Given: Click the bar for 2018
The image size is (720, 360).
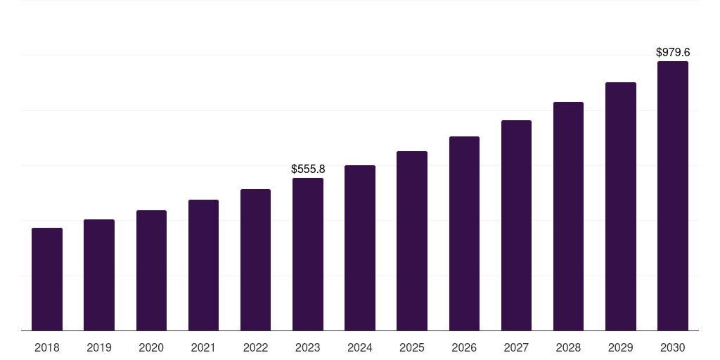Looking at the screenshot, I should (x=47, y=279).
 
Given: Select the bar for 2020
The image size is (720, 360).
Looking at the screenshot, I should (x=151, y=271).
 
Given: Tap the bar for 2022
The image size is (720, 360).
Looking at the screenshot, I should (x=255, y=260).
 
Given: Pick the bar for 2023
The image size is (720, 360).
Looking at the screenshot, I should (x=308, y=255).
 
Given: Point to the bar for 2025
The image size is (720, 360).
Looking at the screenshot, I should (x=412, y=241).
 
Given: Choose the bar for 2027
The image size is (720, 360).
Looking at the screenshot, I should (x=516, y=226).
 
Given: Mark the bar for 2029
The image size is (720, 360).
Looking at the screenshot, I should (x=620, y=207).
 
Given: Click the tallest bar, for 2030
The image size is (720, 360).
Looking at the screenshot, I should (x=673, y=196).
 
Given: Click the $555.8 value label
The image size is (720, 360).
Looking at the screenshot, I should (x=308, y=169).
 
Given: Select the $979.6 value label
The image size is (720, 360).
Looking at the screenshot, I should (x=673, y=53).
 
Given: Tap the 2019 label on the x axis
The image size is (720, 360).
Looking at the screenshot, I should (x=99, y=347).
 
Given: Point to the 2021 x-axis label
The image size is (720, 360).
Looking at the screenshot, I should (x=203, y=347).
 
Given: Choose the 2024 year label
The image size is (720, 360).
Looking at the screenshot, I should (x=360, y=347).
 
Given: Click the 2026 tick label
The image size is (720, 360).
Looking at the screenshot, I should (x=464, y=347).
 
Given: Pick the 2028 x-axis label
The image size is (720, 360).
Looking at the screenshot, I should (x=568, y=347).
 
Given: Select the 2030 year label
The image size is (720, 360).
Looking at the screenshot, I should (x=673, y=347).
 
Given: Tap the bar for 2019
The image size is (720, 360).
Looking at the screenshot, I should (x=99, y=275).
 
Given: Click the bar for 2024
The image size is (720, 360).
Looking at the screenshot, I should (x=360, y=248).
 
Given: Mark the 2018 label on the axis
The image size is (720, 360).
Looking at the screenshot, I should (x=47, y=347).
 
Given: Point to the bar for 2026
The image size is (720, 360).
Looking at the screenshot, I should (x=464, y=233).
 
